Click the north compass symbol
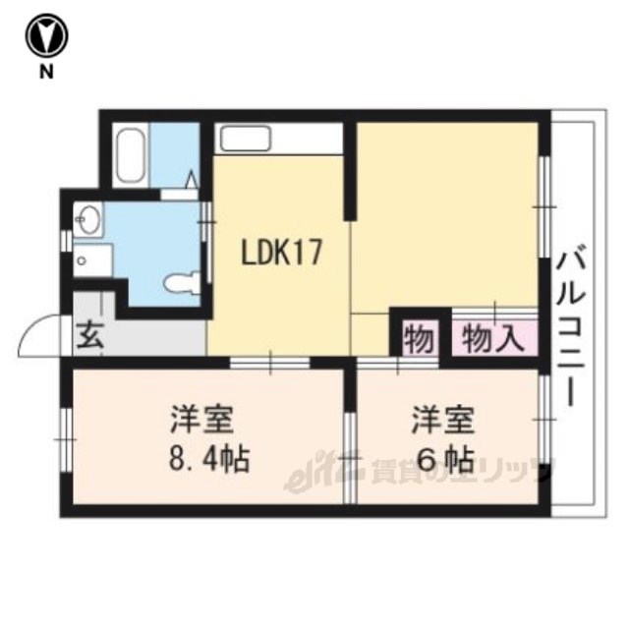pyautogui.click(x=46, y=36)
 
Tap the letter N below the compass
pyautogui.click(x=46, y=72)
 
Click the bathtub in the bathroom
pyautogui.click(x=130, y=155)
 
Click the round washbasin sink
pyautogui.click(x=88, y=219)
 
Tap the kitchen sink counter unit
pyautogui.click(x=278, y=139)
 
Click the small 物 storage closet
pyautogui.click(x=420, y=338)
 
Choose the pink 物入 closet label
pyautogui.click(x=493, y=339)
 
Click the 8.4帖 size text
pyautogui.click(x=209, y=458)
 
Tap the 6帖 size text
pyautogui.click(x=445, y=459)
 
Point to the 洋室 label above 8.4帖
pyautogui.click(x=201, y=420)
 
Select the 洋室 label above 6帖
pyautogui.click(x=443, y=420)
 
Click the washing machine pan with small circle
pyautogui.click(x=92, y=259)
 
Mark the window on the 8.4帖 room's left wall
pyautogui.click(x=66, y=440)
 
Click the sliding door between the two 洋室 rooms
pyautogui.click(x=350, y=457)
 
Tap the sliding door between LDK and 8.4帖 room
pyautogui.click(x=270, y=363)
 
